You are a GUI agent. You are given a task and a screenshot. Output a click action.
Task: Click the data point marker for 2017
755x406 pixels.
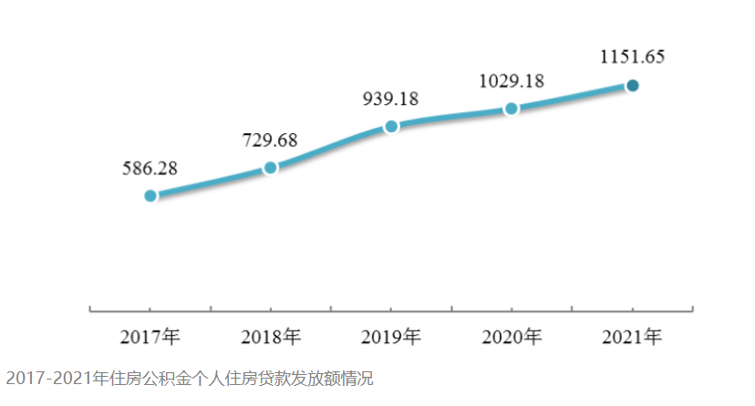(x=150, y=195)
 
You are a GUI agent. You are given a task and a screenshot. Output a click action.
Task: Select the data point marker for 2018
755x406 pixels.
(x=270, y=167)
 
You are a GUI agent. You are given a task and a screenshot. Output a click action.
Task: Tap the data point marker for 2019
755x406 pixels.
(x=391, y=126)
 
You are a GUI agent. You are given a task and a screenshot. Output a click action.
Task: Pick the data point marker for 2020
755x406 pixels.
(x=512, y=109)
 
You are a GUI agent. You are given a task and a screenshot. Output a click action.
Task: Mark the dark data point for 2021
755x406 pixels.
(x=632, y=86)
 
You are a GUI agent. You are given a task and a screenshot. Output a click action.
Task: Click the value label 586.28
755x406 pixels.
(x=150, y=168)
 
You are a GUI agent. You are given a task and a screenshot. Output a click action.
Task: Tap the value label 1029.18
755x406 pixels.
(x=512, y=80)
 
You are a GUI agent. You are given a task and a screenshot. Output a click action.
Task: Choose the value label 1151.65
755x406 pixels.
(x=632, y=57)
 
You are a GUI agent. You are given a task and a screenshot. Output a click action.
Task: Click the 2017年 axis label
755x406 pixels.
(x=150, y=337)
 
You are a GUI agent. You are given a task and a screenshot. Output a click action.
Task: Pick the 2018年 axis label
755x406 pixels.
(x=271, y=337)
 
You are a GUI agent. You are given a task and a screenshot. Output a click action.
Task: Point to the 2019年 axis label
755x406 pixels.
(x=391, y=337)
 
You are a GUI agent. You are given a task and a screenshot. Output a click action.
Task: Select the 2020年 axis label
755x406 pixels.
(x=512, y=337)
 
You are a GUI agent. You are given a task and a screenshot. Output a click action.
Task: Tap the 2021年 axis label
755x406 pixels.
(x=632, y=337)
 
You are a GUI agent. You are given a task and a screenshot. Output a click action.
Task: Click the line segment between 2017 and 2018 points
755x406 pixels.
(x=210, y=182)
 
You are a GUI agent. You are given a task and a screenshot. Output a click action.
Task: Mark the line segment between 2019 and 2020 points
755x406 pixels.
(x=451, y=116)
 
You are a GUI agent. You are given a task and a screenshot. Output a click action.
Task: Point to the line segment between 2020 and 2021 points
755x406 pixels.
(x=572, y=98)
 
